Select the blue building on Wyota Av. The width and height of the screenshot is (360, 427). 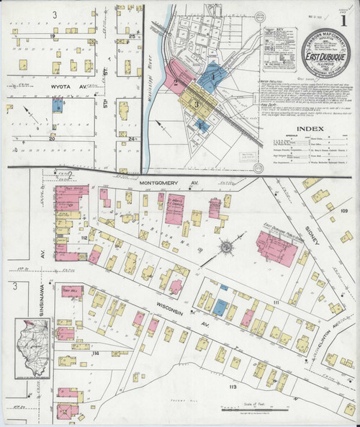click(55, 105)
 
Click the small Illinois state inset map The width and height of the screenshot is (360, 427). click(30, 351)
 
